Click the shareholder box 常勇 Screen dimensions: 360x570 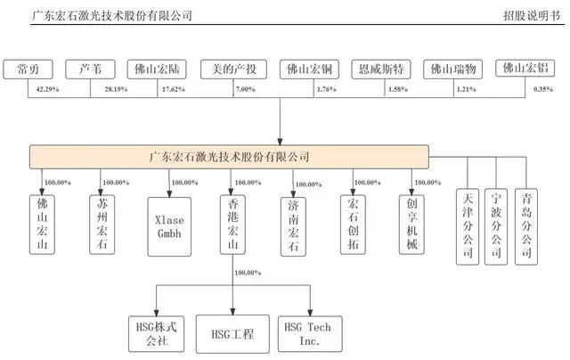coord(28,70)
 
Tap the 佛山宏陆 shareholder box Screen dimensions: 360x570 coord(157,70)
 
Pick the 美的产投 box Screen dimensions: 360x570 coord(227,70)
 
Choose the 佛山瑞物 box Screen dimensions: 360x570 coord(452,70)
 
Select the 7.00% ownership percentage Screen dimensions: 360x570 coord(245,91)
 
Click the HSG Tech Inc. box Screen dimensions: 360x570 coord(309,334)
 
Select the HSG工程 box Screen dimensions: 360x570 coord(233,334)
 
